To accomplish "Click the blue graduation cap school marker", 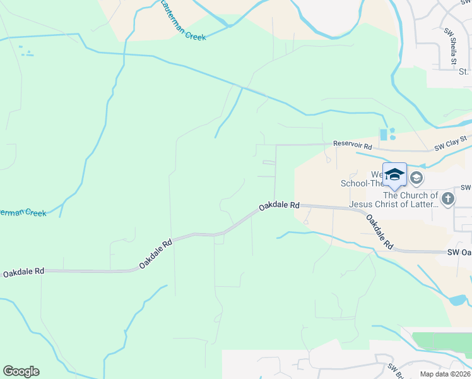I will pos(394,174).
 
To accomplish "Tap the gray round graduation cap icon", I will pos(416,178).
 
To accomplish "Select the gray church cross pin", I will pos(447,199).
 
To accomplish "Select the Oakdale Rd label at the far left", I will pos(23,272).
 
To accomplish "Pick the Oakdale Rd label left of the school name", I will pos(278,206).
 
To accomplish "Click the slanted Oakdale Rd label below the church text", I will pos(380,232).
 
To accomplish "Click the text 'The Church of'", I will pos(410,195).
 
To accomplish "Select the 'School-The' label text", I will pos(361,184).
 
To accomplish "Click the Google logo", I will pos(21,371).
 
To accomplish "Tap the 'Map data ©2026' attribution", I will pos(444,374).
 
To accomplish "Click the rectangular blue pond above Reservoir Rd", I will pos(383,135).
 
